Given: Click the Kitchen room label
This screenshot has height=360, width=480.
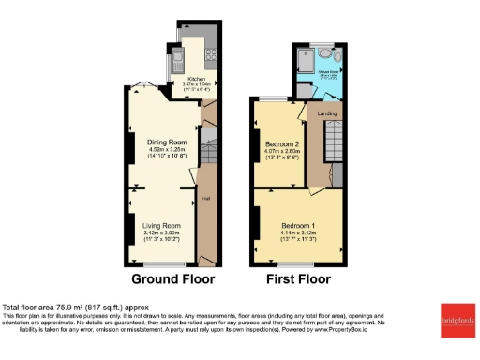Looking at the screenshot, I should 196,79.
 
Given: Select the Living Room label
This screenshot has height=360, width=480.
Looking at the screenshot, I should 161,226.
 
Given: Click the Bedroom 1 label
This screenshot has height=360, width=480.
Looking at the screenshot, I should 299,226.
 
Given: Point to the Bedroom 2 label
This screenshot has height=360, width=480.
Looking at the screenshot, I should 282,143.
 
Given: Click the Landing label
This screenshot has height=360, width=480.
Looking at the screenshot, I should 327,113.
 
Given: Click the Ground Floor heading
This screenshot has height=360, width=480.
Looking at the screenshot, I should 172,278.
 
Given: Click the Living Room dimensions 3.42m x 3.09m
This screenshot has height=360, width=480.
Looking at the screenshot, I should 161,237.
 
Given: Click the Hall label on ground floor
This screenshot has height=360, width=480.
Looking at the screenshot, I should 205,198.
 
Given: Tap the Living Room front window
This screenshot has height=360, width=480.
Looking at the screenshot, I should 162,267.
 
